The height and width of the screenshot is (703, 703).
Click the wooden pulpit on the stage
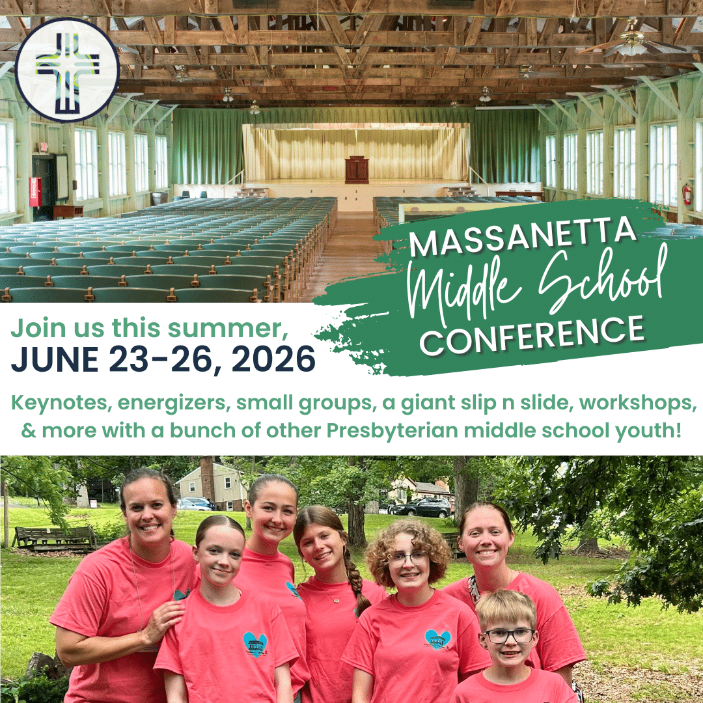click(x=356, y=169)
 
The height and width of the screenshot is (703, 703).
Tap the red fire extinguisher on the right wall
click(x=687, y=193)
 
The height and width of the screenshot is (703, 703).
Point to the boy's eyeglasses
click(x=509, y=635)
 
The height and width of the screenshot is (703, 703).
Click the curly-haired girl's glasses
click(x=406, y=558)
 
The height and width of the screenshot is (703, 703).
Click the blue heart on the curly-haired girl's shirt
click(x=437, y=639)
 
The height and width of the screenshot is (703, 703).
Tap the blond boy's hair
click(x=505, y=607)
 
